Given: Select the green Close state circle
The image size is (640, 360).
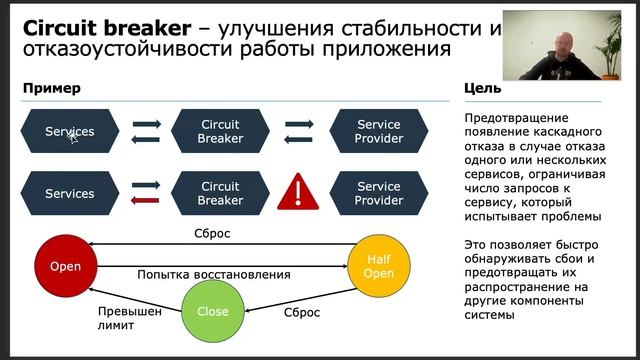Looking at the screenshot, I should [x=212, y=311].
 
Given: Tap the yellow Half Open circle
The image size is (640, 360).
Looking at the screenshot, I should [x=378, y=267].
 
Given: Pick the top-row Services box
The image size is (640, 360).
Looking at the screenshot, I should [x=70, y=131].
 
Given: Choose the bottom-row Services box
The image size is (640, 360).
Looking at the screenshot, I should [x=70, y=193].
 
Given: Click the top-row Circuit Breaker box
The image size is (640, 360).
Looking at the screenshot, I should [x=220, y=131].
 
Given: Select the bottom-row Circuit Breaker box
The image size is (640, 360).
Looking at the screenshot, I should [x=220, y=193].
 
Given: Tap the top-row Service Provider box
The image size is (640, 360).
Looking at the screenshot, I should [x=378, y=131].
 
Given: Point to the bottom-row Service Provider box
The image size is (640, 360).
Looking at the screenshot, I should [x=378, y=193].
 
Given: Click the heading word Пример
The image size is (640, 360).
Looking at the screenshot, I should [x=51, y=88].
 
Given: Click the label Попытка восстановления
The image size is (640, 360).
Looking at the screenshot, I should [x=214, y=274].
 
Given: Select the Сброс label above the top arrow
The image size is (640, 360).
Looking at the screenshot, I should [x=212, y=234].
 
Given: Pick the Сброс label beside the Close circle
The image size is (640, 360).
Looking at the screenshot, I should [x=302, y=312].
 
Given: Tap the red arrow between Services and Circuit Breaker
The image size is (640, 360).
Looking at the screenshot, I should [x=146, y=200].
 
